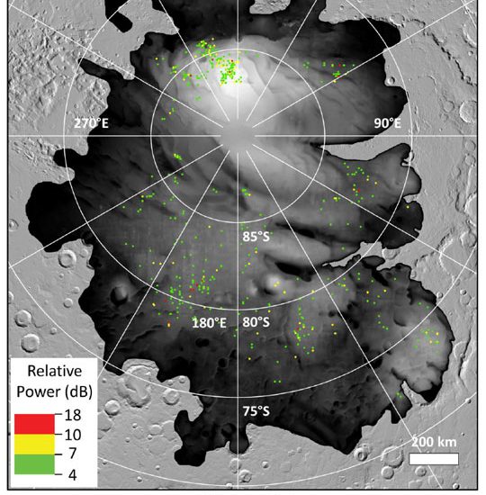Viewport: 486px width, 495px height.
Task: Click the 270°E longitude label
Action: pyautogui.click(x=92, y=123)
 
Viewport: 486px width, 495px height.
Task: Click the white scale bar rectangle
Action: pyautogui.click(x=434, y=459)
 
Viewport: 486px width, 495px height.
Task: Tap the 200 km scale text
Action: pyautogui.click(x=434, y=444)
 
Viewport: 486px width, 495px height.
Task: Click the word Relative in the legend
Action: pyautogui.click(x=52, y=371)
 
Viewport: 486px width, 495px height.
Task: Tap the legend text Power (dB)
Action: pyautogui.click(x=52, y=391)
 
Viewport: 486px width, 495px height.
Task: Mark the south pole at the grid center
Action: pyautogui.click(x=238, y=137)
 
